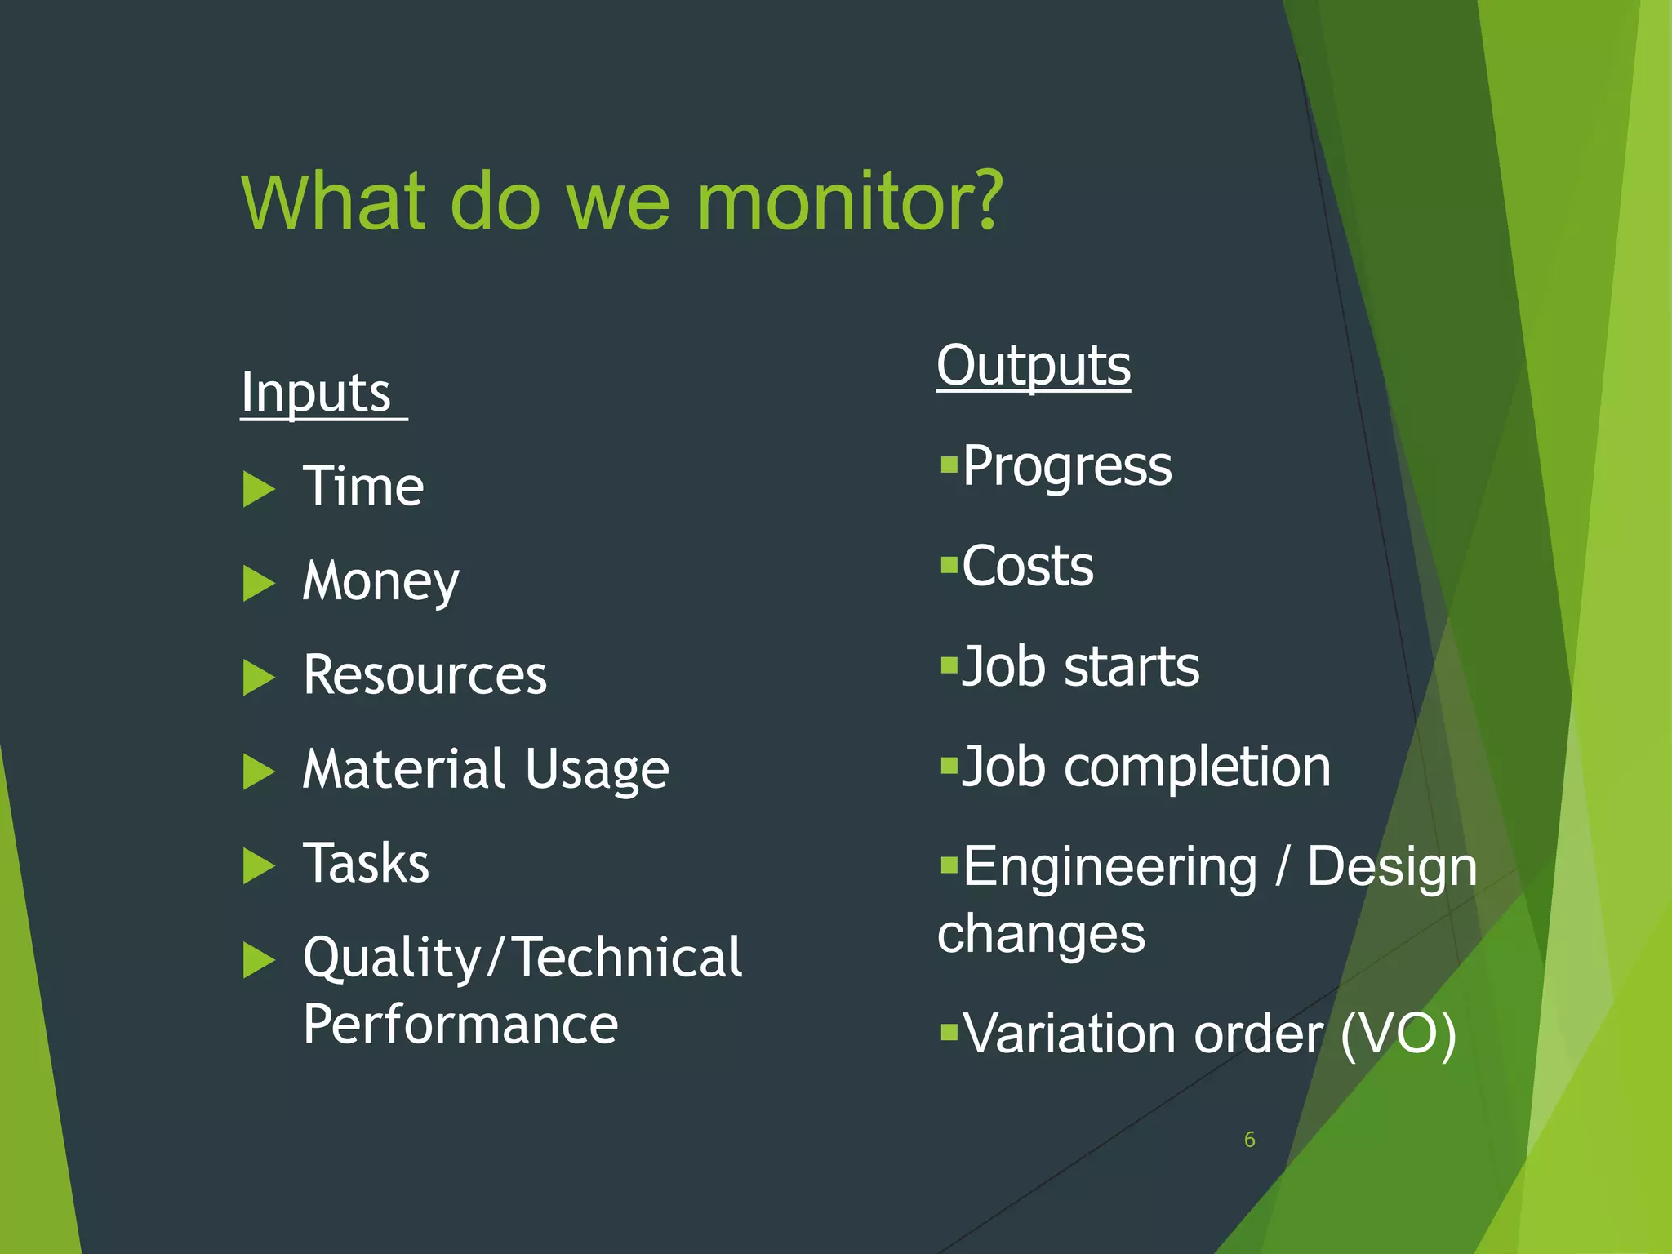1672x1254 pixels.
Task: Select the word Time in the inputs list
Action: point(363,487)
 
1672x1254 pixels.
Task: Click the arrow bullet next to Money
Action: point(259,584)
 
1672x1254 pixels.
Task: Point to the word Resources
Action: point(425,675)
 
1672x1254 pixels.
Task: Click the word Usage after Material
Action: point(597,770)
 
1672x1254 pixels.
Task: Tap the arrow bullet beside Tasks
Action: point(259,866)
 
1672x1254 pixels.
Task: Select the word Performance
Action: point(460,1025)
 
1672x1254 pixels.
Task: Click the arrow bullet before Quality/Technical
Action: point(259,960)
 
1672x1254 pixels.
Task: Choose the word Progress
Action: point(1066,466)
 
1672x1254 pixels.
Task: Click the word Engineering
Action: point(1110,867)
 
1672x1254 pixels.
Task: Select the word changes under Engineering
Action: point(1041,934)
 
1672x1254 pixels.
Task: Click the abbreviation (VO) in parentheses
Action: point(1398,1035)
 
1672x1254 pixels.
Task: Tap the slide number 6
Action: point(1249,1140)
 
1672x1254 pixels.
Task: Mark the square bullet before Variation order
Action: point(948,1033)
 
